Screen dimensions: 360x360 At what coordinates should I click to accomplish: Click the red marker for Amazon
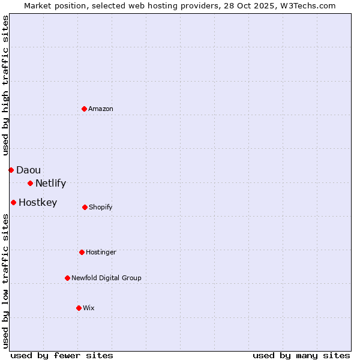85,109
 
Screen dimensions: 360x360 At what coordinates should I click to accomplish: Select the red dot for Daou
11,170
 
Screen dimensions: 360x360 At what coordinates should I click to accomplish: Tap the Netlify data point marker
30,183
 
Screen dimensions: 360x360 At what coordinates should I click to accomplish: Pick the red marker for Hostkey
13,203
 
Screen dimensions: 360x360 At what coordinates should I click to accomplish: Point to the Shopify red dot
85,207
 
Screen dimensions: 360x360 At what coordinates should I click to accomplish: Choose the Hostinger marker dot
82,252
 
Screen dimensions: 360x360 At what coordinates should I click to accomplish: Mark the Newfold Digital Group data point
67,278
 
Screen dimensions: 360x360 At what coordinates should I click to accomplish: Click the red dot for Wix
79,308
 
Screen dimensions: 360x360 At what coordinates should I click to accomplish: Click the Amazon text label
101,109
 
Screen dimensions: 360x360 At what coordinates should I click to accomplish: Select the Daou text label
28,170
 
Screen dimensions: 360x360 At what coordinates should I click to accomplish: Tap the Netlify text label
50,184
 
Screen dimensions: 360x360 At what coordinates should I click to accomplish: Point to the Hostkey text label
38,203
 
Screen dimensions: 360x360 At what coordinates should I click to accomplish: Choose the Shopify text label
101,207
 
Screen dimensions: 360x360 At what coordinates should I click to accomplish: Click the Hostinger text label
101,252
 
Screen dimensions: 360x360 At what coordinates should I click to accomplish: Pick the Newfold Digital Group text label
106,278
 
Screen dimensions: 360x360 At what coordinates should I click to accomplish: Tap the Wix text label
89,308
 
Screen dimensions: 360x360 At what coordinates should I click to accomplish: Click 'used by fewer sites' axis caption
62,356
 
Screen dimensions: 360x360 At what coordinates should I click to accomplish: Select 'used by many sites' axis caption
301,356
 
